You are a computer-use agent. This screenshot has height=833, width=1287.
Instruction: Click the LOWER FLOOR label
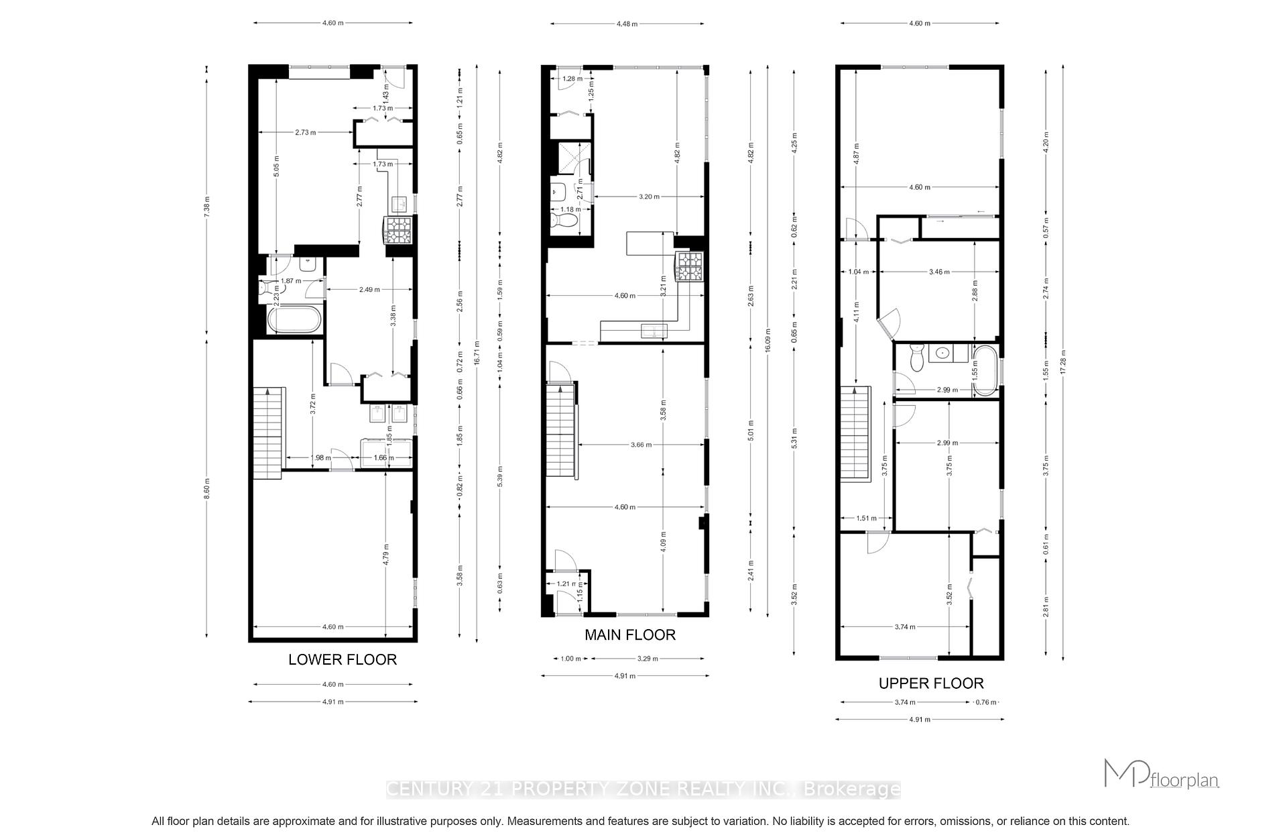click(343, 659)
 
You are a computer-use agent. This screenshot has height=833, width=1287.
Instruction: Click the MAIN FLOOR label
click(630, 634)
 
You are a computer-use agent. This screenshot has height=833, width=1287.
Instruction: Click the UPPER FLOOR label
click(931, 683)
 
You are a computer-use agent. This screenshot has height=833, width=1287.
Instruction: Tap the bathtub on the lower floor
click(294, 319)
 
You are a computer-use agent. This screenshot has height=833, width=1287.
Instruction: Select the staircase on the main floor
click(560, 429)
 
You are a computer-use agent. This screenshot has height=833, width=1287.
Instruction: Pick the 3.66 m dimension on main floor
click(640, 445)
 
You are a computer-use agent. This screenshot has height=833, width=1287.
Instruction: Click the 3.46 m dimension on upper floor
click(939, 272)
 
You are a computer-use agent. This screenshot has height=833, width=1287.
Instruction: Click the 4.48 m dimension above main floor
click(627, 23)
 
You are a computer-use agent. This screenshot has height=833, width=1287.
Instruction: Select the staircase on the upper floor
click(855, 433)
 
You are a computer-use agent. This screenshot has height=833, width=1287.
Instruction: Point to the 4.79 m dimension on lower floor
click(386, 555)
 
